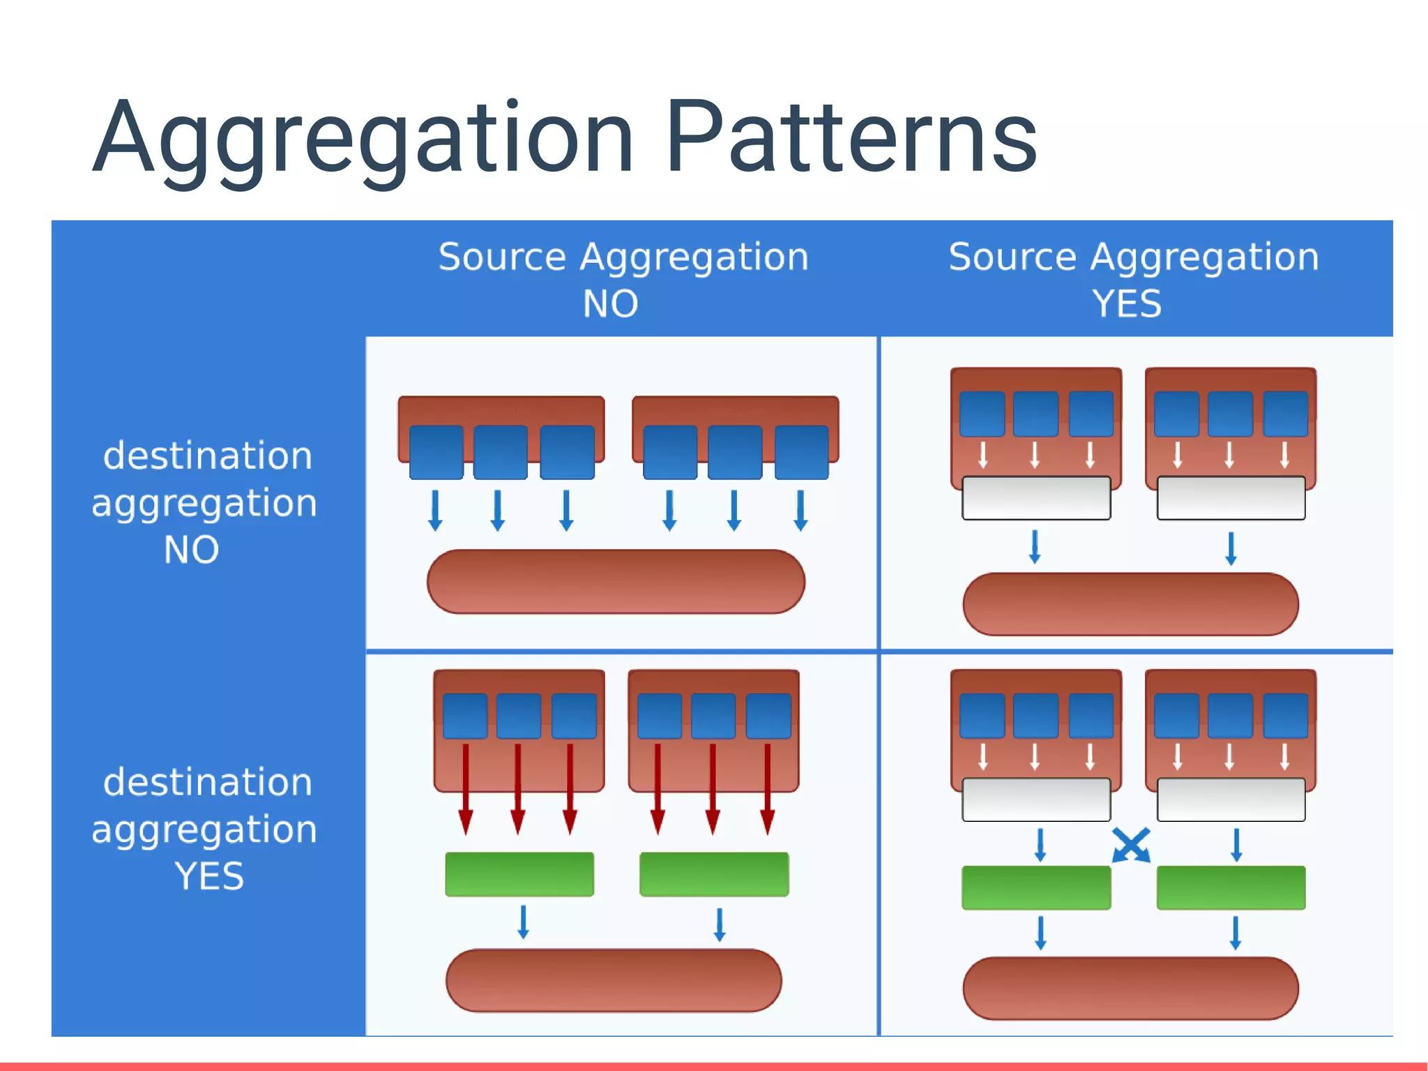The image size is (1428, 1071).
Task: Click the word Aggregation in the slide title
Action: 363,140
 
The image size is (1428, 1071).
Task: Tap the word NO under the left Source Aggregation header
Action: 610,304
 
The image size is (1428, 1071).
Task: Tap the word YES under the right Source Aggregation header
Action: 1127,304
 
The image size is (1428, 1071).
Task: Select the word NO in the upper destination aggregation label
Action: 191,550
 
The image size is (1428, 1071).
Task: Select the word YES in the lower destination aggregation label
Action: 209,876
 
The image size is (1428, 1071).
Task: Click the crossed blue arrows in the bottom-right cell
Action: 1131,845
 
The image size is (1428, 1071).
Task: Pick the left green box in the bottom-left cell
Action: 519,874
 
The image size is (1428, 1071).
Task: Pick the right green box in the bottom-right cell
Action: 1231,887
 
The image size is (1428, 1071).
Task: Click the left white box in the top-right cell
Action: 1036,498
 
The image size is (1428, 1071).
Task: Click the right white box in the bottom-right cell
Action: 1231,800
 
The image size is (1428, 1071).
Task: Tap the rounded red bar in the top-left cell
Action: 616,582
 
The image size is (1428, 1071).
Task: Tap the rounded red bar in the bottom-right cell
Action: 1130,988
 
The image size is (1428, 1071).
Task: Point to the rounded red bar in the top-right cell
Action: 1130,604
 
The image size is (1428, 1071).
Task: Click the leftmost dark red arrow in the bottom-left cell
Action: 466,788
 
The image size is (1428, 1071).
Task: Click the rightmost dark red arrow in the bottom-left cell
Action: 767,788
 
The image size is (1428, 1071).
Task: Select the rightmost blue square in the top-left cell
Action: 801,452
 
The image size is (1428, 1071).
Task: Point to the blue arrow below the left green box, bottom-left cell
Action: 523,922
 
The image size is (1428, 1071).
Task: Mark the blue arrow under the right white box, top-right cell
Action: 1231,548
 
